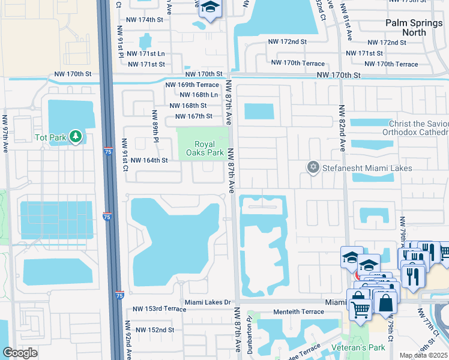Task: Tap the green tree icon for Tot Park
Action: pos(75,137)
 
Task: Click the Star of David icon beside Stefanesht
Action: pos(312,167)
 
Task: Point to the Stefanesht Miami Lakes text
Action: pos(367,168)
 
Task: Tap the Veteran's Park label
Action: pos(361,347)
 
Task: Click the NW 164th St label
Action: pos(148,160)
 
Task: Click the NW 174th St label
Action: pos(142,20)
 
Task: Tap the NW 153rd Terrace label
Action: pos(154,308)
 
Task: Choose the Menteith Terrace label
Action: pos(282,312)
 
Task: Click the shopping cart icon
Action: pos(360,309)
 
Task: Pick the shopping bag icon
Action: pos(385,303)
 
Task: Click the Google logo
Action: pos(20,353)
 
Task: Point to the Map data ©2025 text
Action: pos(423,355)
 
